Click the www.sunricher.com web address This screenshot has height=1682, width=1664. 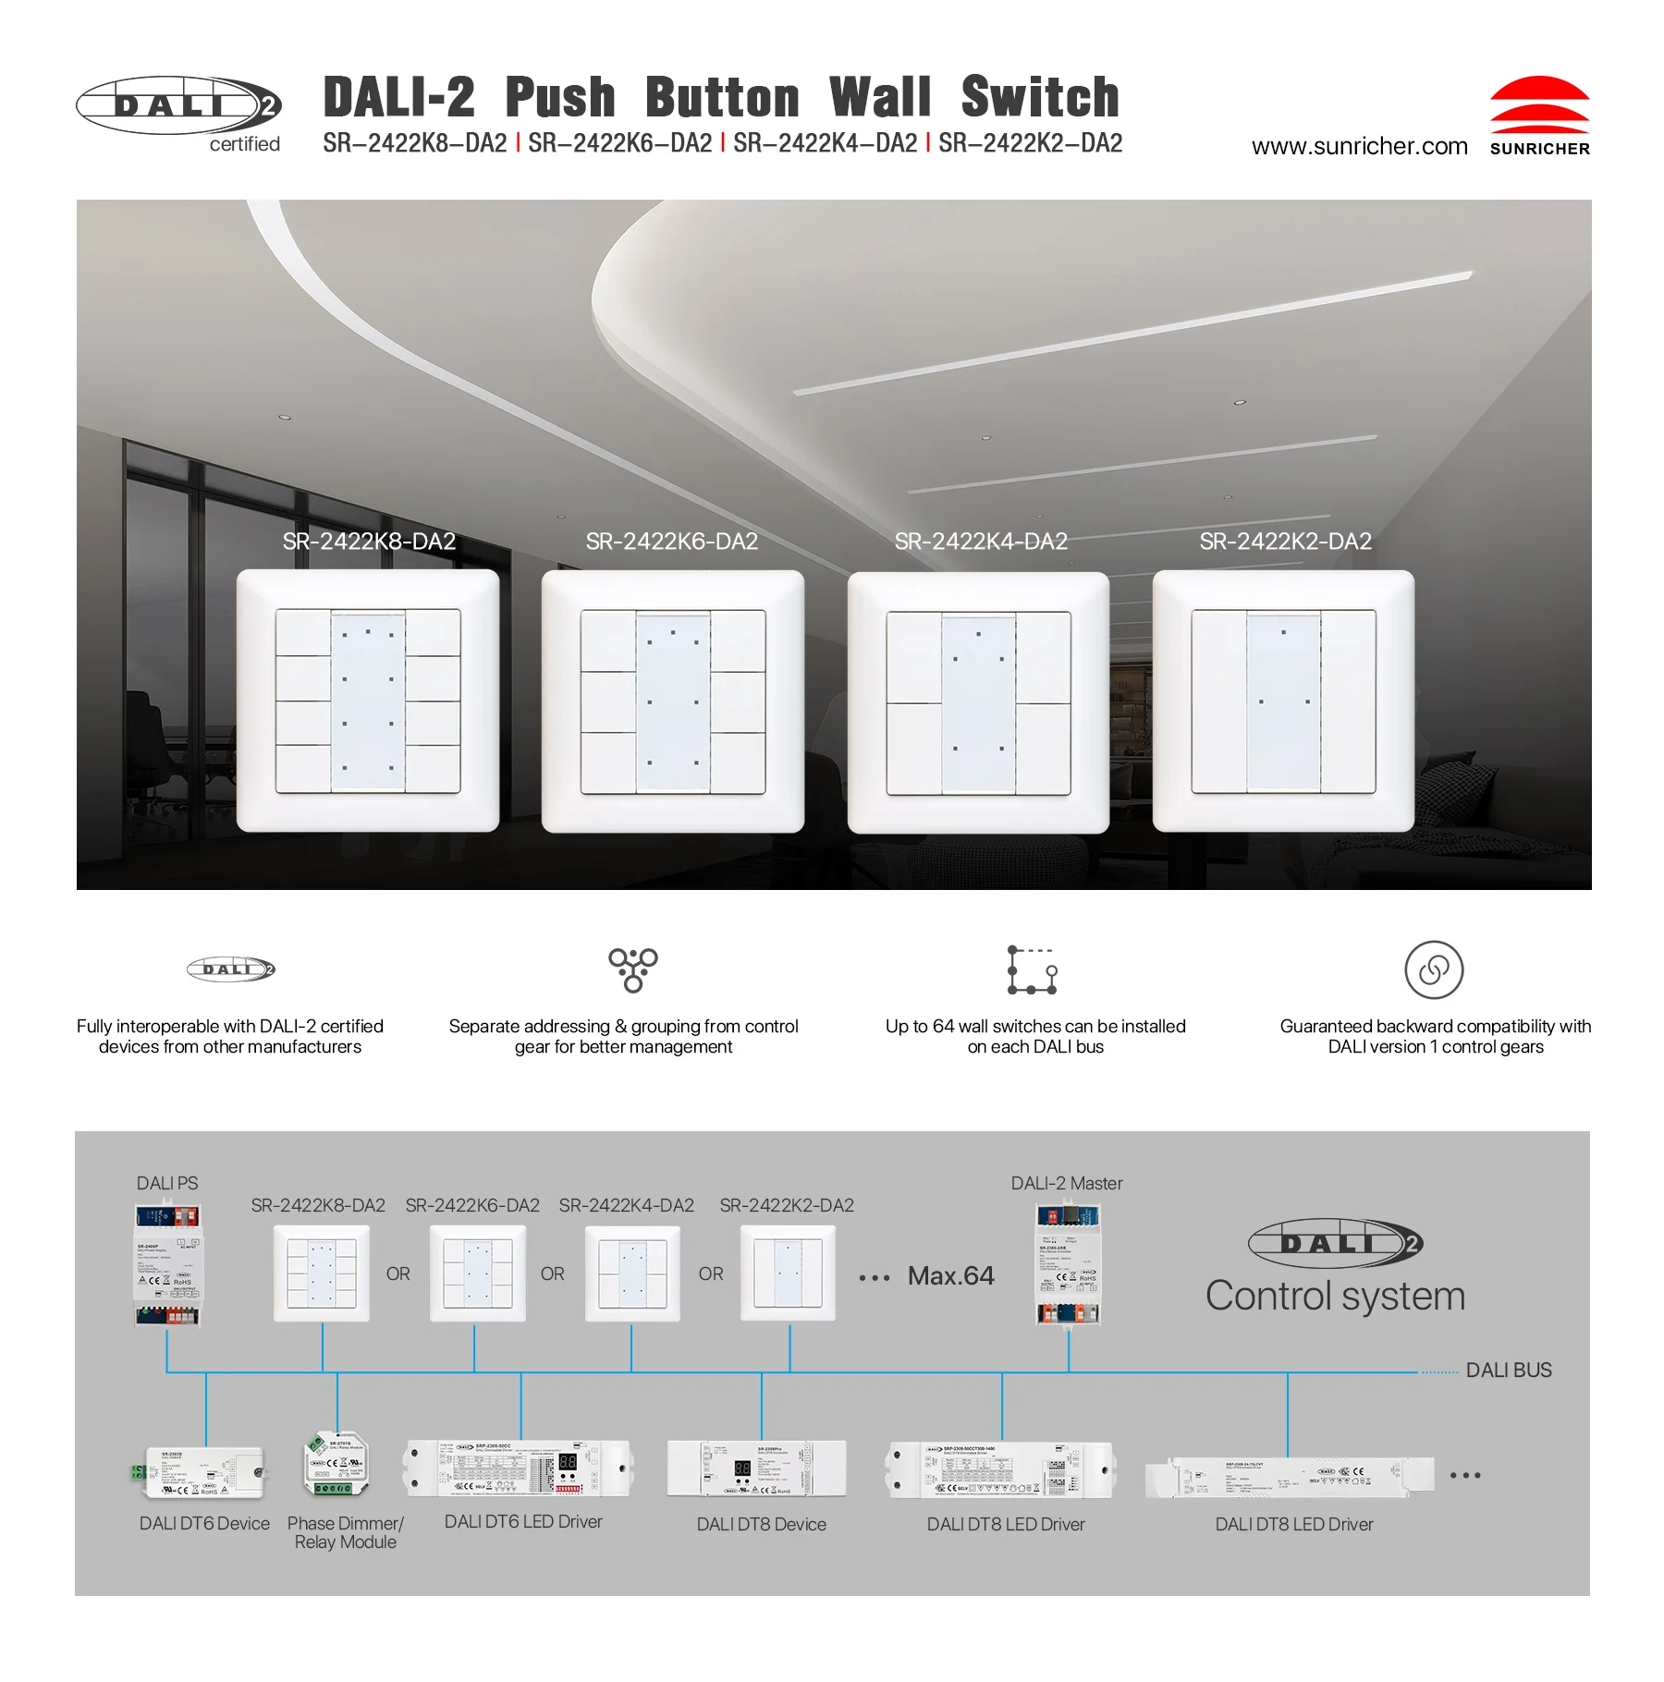1358,147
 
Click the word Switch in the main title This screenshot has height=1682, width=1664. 1039,98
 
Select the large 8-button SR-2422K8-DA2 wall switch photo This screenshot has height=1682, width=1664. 368,701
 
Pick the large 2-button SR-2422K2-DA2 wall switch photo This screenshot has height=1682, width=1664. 1283,701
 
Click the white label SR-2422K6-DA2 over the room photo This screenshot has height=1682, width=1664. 671,542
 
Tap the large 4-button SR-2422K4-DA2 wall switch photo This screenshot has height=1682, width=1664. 978,702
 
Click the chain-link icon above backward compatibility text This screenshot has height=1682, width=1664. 1433,969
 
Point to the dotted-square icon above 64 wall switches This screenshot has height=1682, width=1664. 1032,969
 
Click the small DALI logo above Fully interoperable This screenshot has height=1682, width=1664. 231,969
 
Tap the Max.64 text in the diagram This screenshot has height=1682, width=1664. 950,1275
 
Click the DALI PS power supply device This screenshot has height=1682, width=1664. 167,1264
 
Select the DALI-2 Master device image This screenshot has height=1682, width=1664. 1068,1264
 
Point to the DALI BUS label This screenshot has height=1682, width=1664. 1508,1370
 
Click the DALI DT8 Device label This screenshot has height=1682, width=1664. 761,1524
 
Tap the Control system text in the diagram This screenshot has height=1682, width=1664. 1335,1296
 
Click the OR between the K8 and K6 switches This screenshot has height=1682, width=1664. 398,1274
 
